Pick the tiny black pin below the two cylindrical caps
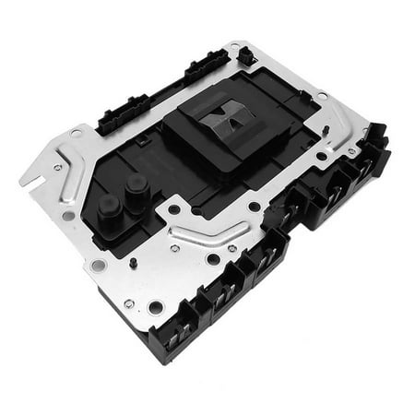coord(135,263)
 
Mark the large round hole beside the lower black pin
coord(99,266)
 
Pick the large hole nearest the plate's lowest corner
coord(156,306)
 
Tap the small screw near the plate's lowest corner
coord(128,303)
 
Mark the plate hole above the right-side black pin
coord(320,96)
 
